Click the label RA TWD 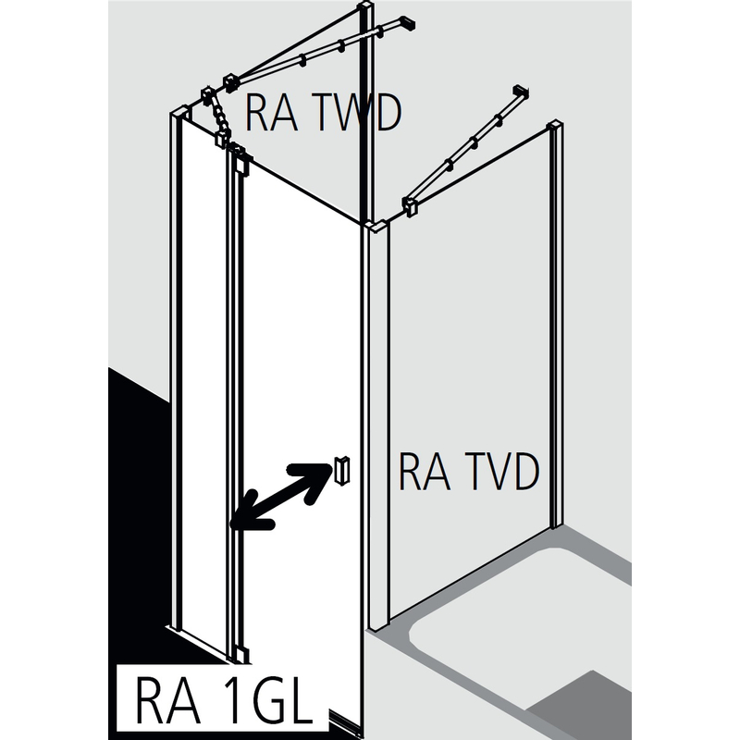pos(322,115)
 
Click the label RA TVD pos(468,474)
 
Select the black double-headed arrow pos(281,497)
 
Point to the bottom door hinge pos(242,653)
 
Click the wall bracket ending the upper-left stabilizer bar pos(404,22)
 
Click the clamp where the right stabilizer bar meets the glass pos(409,207)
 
